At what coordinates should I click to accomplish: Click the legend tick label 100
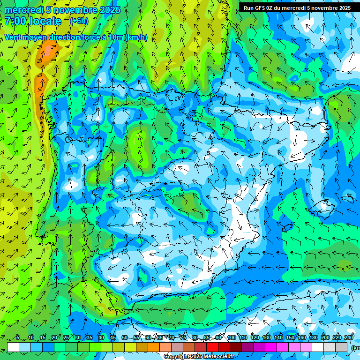(x=232, y=338)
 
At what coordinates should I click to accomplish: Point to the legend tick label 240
(x=349, y=338)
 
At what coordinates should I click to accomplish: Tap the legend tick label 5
(x=18, y=338)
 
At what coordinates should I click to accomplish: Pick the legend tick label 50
(x=124, y=338)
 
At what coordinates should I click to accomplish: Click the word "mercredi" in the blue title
(x=23, y=10)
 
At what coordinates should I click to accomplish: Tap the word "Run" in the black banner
(x=249, y=8)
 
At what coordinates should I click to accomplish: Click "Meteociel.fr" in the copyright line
(x=218, y=357)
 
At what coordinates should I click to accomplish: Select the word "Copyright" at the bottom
(x=177, y=357)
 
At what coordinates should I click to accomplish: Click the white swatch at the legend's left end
(x=13, y=347)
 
